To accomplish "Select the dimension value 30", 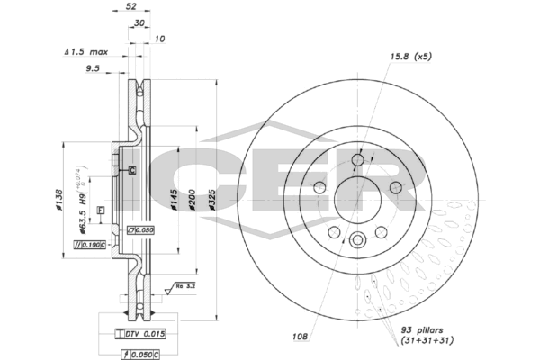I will tap(140, 23).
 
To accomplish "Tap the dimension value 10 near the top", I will tap(159, 39).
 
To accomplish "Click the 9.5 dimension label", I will tap(92, 68).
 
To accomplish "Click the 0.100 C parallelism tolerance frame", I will tap(90, 244).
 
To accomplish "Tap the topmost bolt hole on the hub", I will tap(357, 161).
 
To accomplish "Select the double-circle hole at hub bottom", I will tap(357, 239).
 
